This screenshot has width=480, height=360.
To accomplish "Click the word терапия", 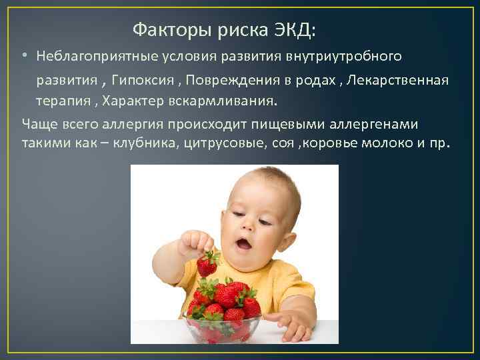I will pos(63,102).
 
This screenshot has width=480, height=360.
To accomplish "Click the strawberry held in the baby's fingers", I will pos(207,265).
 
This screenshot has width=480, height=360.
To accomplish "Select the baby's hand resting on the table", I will pos(293,324).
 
